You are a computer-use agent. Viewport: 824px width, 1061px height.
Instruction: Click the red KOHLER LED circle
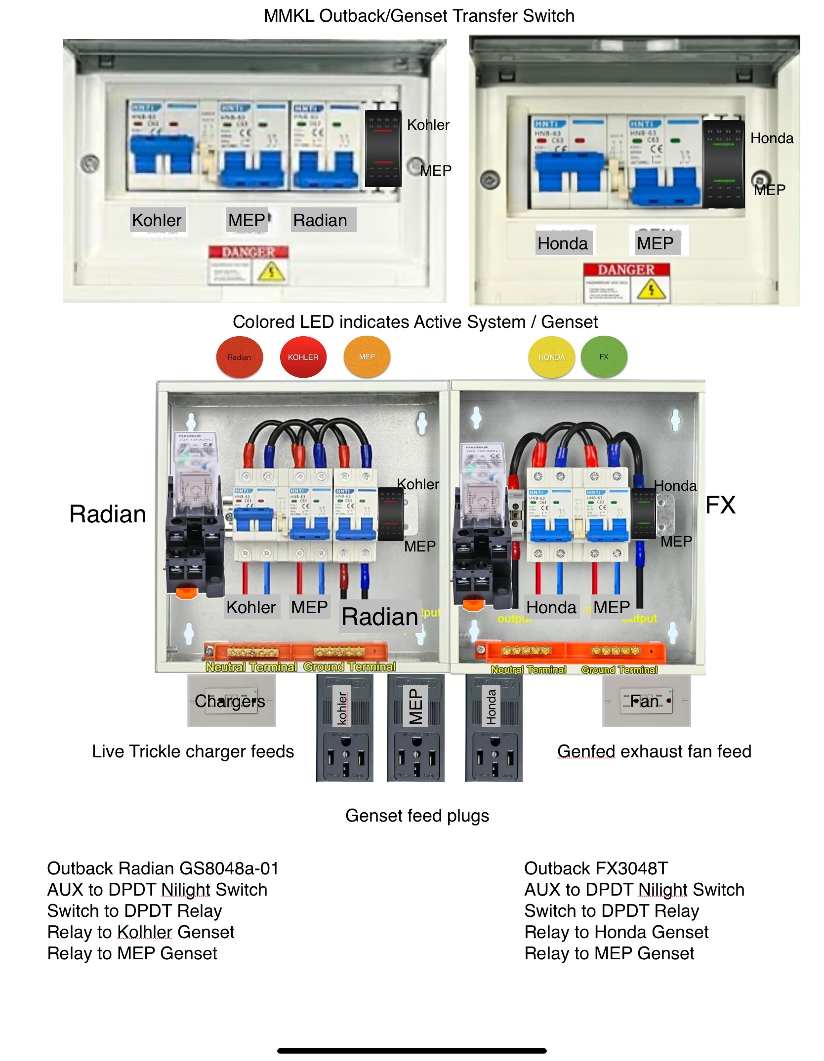pyautogui.click(x=303, y=357)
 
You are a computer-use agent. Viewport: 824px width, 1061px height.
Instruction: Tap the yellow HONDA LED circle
pyautogui.click(x=551, y=357)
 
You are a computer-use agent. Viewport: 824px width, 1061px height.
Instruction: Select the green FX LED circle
pyautogui.click(x=604, y=356)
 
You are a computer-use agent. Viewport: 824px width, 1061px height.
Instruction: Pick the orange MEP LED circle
pyautogui.click(x=367, y=356)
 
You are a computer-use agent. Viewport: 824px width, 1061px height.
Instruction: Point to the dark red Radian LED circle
pyautogui.click(x=240, y=357)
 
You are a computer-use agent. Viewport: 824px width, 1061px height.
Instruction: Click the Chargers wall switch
pyautogui.click(x=231, y=701)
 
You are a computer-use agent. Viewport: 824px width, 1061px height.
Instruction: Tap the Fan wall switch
pyautogui.click(x=646, y=701)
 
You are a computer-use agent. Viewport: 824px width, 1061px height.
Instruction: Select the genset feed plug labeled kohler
pyautogui.click(x=344, y=728)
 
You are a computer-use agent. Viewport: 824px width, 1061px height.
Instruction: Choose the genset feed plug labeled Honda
pyautogui.click(x=494, y=728)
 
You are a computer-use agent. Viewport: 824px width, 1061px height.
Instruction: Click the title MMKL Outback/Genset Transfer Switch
pyautogui.click(x=419, y=16)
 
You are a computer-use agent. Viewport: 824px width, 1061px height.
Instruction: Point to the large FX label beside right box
pyautogui.click(x=720, y=505)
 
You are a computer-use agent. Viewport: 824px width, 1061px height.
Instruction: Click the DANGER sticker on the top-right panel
pyautogui.click(x=626, y=282)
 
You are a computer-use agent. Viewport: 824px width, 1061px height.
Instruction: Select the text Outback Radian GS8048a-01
pyautogui.click(x=163, y=868)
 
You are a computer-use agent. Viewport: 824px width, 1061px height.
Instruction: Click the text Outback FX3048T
pyautogui.click(x=596, y=868)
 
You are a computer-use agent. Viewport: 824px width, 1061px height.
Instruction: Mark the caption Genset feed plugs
pyautogui.click(x=417, y=815)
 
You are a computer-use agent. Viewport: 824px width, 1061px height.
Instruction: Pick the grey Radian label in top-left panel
pyautogui.click(x=321, y=220)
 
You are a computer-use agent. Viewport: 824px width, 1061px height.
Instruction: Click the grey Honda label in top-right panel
pyautogui.click(x=563, y=243)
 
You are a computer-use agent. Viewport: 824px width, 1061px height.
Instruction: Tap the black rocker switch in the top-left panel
pyautogui.click(x=383, y=148)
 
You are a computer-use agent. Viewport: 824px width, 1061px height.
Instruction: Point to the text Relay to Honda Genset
pyautogui.click(x=616, y=932)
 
